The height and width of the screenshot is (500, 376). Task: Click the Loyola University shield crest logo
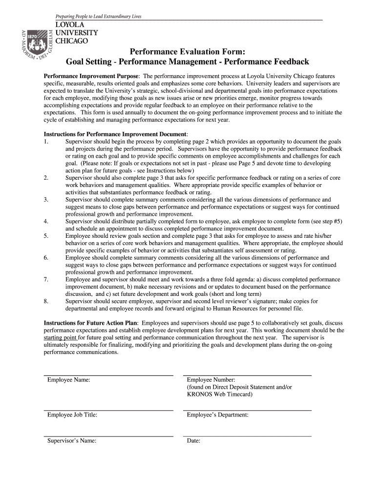(x=35, y=46)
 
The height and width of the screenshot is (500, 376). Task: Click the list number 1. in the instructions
(x=46, y=142)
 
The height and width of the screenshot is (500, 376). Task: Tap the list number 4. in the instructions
(x=46, y=221)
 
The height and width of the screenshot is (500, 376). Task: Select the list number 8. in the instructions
(x=46, y=301)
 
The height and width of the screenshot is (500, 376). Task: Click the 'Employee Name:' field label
(x=68, y=380)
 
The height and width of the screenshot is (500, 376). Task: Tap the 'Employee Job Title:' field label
(x=72, y=415)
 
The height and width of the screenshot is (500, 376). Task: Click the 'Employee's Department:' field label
(x=218, y=415)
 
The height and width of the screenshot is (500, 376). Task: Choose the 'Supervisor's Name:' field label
(x=71, y=441)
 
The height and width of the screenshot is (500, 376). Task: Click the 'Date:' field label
(x=194, y=441)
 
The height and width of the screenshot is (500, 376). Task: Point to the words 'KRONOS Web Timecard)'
(x=220, y=394)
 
